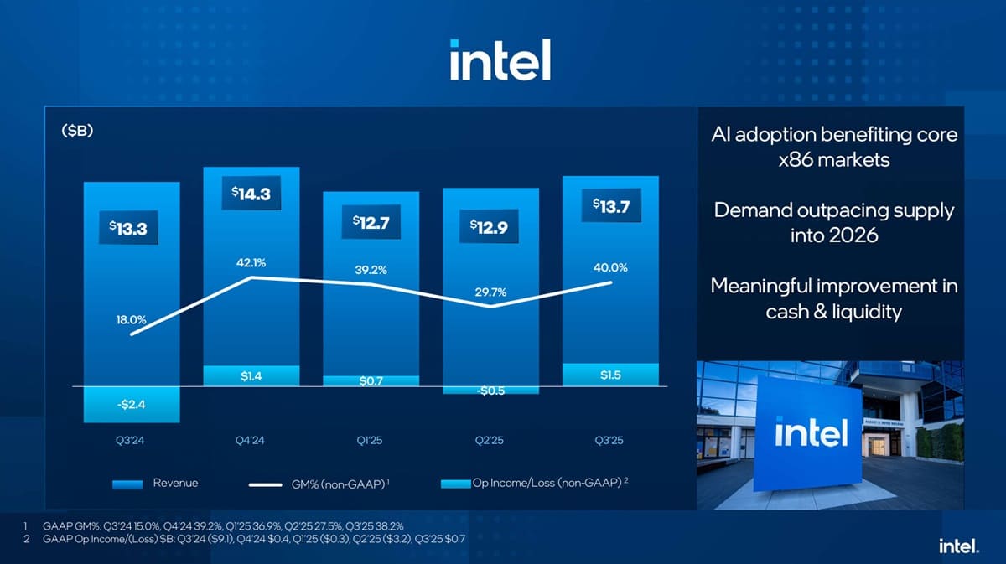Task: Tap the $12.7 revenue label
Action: pos(371,222)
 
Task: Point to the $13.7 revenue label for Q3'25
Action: pos(610,206)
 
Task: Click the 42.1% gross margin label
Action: pos(251,262)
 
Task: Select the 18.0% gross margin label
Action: pos(131,319)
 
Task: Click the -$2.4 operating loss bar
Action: pos(131,405)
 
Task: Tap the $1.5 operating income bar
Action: pos(610,375)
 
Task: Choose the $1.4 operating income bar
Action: pos(251,376)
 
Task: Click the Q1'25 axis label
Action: pos(371,440)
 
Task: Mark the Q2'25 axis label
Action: pos(491,440)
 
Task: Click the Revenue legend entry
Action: pos(156,484)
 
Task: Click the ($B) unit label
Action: pos(76,132)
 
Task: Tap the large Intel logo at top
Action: pos(500,60)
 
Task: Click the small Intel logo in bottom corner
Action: pos(958,546)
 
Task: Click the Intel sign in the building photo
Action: pos(811,432)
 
